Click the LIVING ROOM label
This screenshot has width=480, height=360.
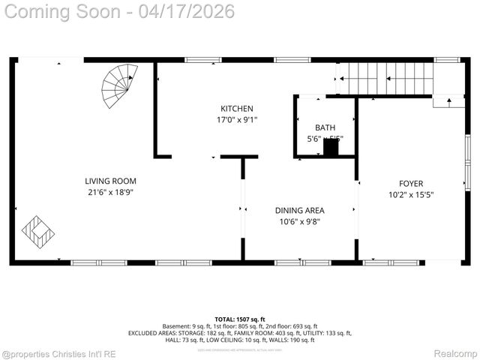[110, 181]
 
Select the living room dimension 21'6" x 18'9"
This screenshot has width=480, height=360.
[110, 192]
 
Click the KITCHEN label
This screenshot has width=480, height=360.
[236, 109]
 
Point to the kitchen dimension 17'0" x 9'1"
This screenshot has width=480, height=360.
[236, 120]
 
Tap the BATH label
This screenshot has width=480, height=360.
[325, 128]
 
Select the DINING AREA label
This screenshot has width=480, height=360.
[300, 210]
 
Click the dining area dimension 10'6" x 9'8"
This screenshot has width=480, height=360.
[300, 221]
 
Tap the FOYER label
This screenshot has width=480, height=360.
[411, 184]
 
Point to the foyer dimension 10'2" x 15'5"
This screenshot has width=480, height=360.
[411, 195]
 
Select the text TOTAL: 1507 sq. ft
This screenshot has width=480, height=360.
[240, 319]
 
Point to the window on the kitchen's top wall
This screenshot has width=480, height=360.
[199, 60]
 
